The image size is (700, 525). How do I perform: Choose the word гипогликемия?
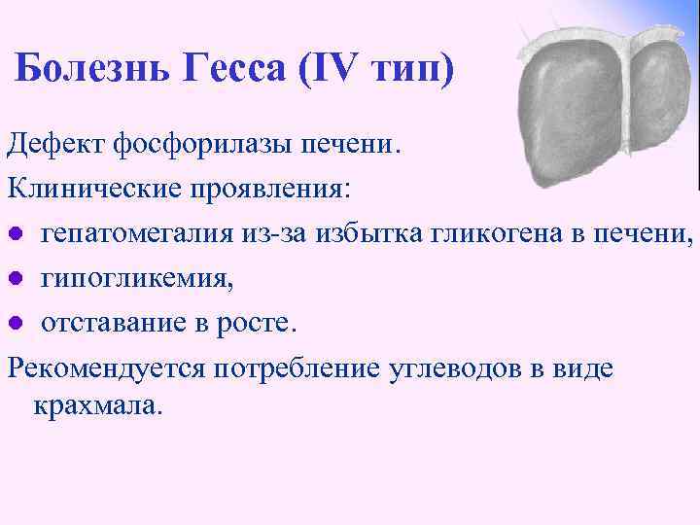135,278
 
